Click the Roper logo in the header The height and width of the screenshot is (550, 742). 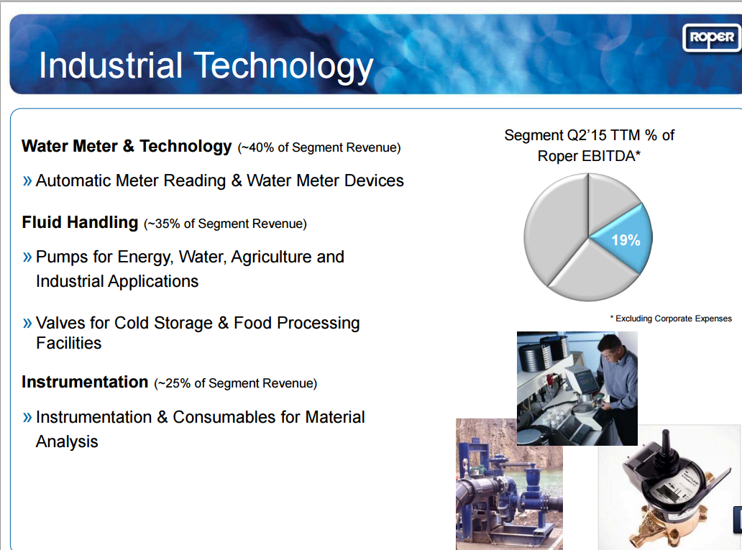[x=711, y=37]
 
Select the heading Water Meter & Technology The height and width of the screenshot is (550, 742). [x=127, y=146]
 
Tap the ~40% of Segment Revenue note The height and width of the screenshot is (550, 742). [x=319, y=148]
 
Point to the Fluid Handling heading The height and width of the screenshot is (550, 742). [x=80, y=222]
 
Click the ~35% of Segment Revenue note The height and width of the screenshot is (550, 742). [x=225, y=224]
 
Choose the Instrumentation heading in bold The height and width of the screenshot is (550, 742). [x=85, y=382]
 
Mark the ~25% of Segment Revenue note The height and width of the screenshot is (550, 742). [x=235, y=384]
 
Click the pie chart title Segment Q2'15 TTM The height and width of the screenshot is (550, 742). [x=589, y=135]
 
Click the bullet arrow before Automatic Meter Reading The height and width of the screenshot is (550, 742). [x=27, y=180]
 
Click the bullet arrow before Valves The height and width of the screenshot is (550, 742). [x=27, y=323]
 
